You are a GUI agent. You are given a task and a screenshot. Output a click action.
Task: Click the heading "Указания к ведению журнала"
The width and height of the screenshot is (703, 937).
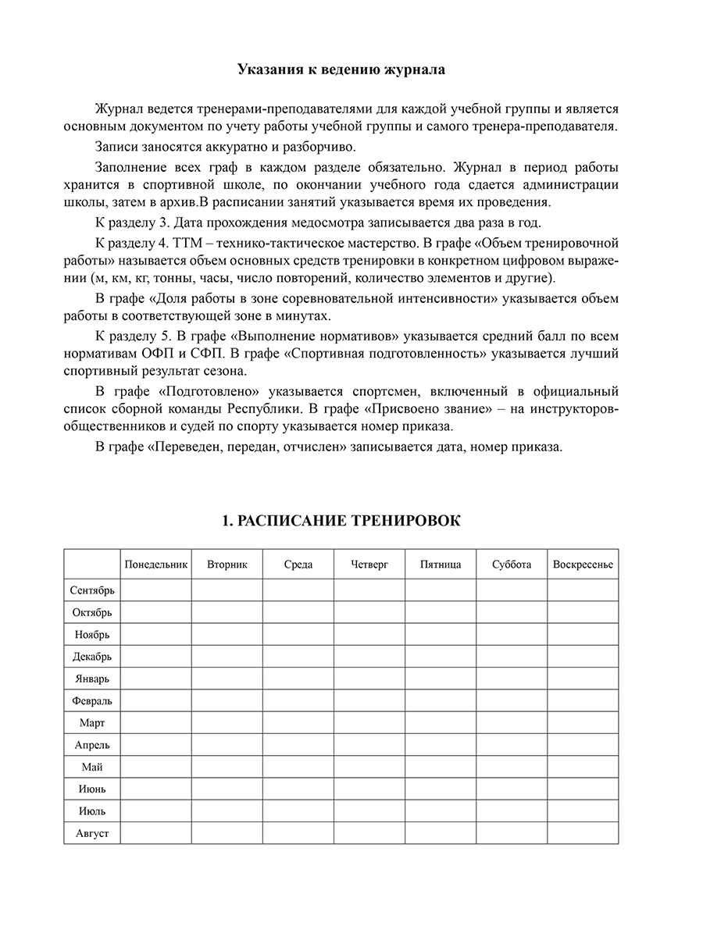tap(341, 69)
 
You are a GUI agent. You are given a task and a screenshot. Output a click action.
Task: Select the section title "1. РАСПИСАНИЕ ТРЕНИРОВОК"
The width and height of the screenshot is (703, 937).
tap(341, 521)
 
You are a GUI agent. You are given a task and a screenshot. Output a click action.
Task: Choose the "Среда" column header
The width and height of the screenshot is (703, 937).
tap(298, 565)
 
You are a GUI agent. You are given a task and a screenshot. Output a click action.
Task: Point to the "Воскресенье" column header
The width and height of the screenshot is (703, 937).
tap(583, 565)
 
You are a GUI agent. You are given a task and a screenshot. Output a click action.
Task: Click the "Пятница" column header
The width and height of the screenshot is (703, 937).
tap(441, 565)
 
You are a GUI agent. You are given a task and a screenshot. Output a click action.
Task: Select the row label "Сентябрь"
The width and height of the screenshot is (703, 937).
tap(92, 590)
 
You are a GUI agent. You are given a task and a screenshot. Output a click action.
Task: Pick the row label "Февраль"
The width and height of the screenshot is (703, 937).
tap(92, 700)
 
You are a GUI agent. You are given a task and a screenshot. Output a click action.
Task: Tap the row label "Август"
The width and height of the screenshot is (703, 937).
tap(92, 833)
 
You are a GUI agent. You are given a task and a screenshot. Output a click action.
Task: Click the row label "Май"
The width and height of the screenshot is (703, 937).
tap(92, 767)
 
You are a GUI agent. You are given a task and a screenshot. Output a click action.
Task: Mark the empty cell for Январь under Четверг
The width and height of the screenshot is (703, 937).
tap(369, 679)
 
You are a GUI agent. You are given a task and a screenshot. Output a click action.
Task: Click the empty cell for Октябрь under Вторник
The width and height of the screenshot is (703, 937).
tap(227, 612)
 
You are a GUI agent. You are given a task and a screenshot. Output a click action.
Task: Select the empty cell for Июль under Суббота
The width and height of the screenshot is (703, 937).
tap(512, 811)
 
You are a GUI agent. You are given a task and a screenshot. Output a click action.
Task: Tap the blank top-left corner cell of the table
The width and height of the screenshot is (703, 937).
tap(92, 564)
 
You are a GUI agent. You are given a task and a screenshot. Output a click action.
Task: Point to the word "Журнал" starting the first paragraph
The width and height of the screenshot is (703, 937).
tap(116, 108)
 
